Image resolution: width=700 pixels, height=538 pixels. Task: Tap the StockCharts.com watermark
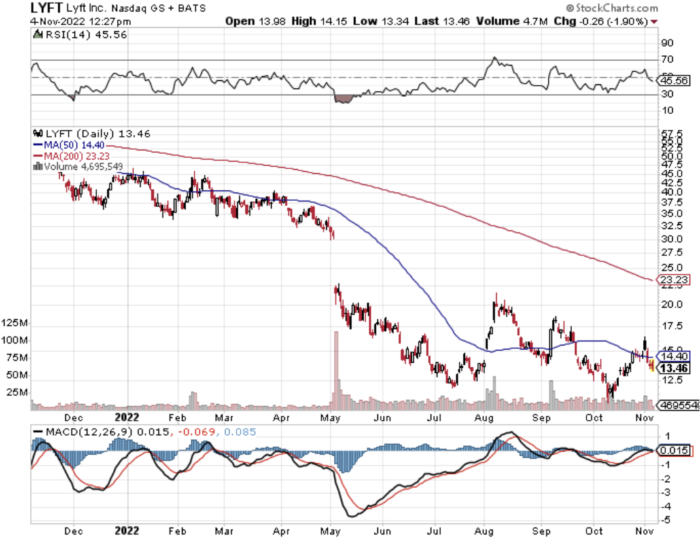611,9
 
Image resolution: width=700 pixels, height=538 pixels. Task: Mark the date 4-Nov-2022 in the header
59,21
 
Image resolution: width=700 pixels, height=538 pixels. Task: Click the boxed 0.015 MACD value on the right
676,451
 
